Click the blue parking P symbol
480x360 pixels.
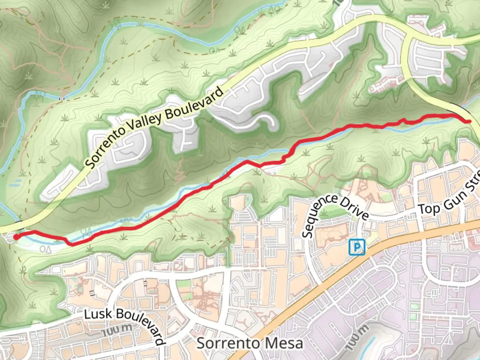357,247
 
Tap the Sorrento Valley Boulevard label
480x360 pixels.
154,127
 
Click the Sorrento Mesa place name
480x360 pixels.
250,343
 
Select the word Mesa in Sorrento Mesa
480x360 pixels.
286,343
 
